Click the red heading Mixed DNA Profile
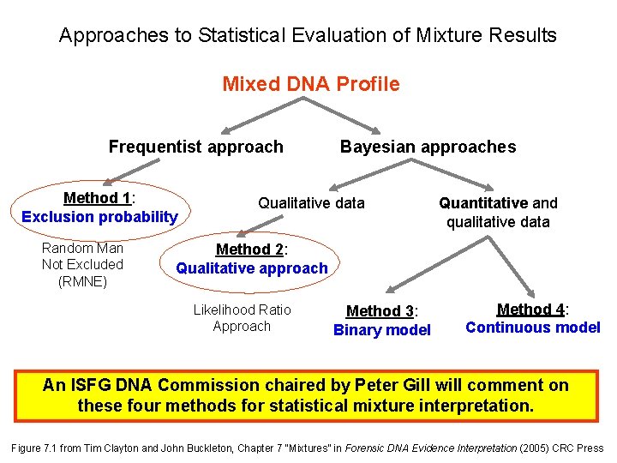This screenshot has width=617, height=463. pyautogui.click(x=310, y=84)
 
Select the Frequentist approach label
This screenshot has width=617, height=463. pyautogui.click(x=195, y=147)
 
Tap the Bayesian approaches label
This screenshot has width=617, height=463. pyautogui.click(x=428, y=147)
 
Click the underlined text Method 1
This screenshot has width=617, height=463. pyautogui.click(x=96, y=198)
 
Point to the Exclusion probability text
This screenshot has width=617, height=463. pyautogui.click(x=99, y=217)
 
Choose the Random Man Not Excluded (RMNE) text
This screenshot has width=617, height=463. pyautogui.click(x=82, y=264)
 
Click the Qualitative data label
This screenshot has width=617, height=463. pyautogui.click(x=311, y=203)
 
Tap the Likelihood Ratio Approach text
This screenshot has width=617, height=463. pyautogui.click(x=242, y=318)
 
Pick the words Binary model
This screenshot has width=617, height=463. pyautogui.click(x=381, y=330)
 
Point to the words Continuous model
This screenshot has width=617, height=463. pyautogui.click(x=532, y=328)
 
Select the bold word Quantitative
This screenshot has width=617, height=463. pyautogui.click(x=482, y=203)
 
